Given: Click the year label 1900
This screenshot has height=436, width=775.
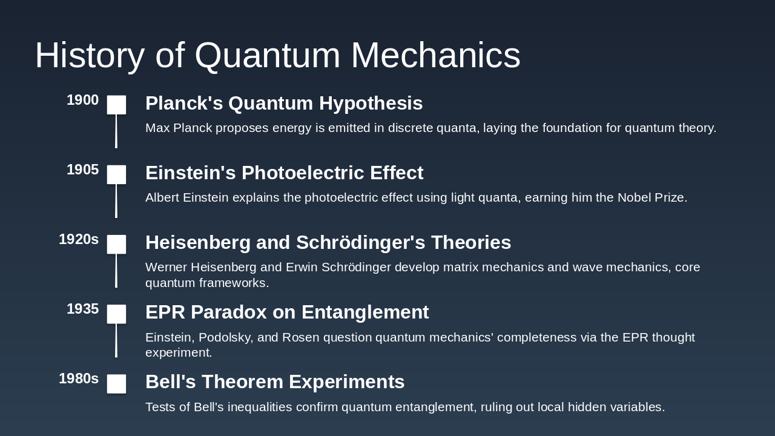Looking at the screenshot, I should click(82, 101).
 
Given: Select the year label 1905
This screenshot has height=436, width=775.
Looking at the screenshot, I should click(82, 170).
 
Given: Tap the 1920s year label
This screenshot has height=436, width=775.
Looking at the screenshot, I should click(79, 240).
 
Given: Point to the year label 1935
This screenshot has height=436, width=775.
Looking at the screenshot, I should click(82, 309).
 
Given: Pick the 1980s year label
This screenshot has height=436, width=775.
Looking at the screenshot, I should click(79, 379).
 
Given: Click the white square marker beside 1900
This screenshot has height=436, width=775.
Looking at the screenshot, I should click(117, 105).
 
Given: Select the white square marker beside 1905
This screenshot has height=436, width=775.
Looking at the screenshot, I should click(117, 174).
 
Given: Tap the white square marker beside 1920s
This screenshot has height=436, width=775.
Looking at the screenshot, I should click(117, 244).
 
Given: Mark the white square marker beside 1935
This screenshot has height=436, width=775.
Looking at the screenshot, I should click(117, 314).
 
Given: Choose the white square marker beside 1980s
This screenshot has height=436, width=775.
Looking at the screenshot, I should click(117, 383).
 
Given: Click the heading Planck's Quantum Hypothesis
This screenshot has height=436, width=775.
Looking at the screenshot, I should click(284, 104).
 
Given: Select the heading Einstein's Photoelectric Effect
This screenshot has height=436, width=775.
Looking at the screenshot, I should click(284, 173).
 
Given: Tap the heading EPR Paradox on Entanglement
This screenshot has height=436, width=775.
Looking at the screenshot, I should click(287, 312).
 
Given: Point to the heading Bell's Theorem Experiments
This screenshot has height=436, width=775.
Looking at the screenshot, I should click(275, 382).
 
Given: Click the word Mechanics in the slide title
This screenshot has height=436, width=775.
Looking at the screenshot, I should click(435, 56).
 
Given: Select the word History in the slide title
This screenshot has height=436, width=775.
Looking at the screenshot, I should click(90, 56).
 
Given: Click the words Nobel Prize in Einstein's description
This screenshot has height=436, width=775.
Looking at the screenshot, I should click(651, 198).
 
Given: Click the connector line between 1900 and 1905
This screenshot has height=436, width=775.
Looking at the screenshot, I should click(116, 131).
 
